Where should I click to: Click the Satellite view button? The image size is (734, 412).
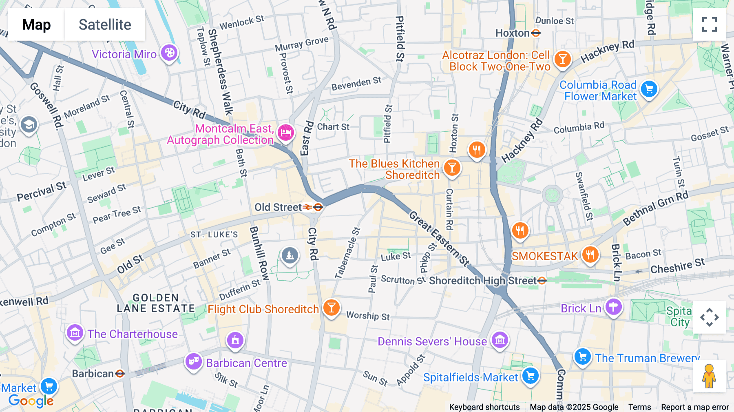point(105,24)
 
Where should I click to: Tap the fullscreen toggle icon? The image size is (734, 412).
point(709,24)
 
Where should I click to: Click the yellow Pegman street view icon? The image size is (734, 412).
point(709,376)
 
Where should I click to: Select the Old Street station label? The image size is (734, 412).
point(278,207)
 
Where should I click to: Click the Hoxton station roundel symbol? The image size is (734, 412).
point(536,33)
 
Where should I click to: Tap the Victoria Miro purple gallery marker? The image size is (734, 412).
point(169,53)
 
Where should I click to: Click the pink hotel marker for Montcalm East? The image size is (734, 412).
point(286,133)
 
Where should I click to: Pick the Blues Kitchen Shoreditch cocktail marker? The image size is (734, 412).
point(452,168)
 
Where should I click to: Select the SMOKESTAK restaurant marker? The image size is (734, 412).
point(590,255)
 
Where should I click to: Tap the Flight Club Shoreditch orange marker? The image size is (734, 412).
point(331,308)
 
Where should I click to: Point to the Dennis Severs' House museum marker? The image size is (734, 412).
point(500,340)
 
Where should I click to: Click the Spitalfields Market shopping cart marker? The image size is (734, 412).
point(531,376)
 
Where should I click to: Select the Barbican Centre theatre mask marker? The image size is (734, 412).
point(193,361)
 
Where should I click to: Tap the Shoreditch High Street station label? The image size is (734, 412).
point(483,281)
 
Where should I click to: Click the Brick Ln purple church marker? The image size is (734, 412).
point(613,307)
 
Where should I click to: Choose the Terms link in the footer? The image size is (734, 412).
point(639,407)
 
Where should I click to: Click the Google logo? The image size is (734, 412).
point(31,401)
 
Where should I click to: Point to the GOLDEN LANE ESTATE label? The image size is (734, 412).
point(156,303)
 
